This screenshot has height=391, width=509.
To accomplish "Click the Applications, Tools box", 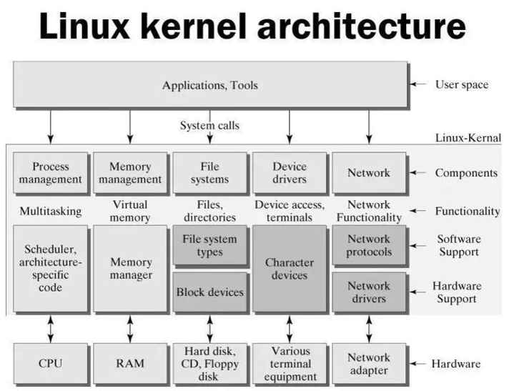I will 209,86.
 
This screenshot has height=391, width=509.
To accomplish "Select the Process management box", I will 51,173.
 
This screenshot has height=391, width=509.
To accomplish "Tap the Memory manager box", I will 130,268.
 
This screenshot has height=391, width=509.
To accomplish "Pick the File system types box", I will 209,245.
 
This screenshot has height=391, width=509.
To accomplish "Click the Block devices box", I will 209,292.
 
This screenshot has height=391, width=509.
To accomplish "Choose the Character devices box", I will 290,268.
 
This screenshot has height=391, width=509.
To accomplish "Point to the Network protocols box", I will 369,245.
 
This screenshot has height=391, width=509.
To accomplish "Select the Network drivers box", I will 369,292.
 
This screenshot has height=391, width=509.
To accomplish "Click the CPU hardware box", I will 51,363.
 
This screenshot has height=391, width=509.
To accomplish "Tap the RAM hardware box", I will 130,363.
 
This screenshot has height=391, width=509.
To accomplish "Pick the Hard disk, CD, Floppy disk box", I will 209,363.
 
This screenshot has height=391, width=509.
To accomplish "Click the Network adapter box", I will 369,363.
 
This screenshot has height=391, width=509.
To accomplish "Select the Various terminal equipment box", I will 290,363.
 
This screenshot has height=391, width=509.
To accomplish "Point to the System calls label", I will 209,126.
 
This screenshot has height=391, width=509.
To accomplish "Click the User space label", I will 461,84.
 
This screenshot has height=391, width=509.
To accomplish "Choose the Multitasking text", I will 51,212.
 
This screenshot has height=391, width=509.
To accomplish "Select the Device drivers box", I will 290,173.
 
